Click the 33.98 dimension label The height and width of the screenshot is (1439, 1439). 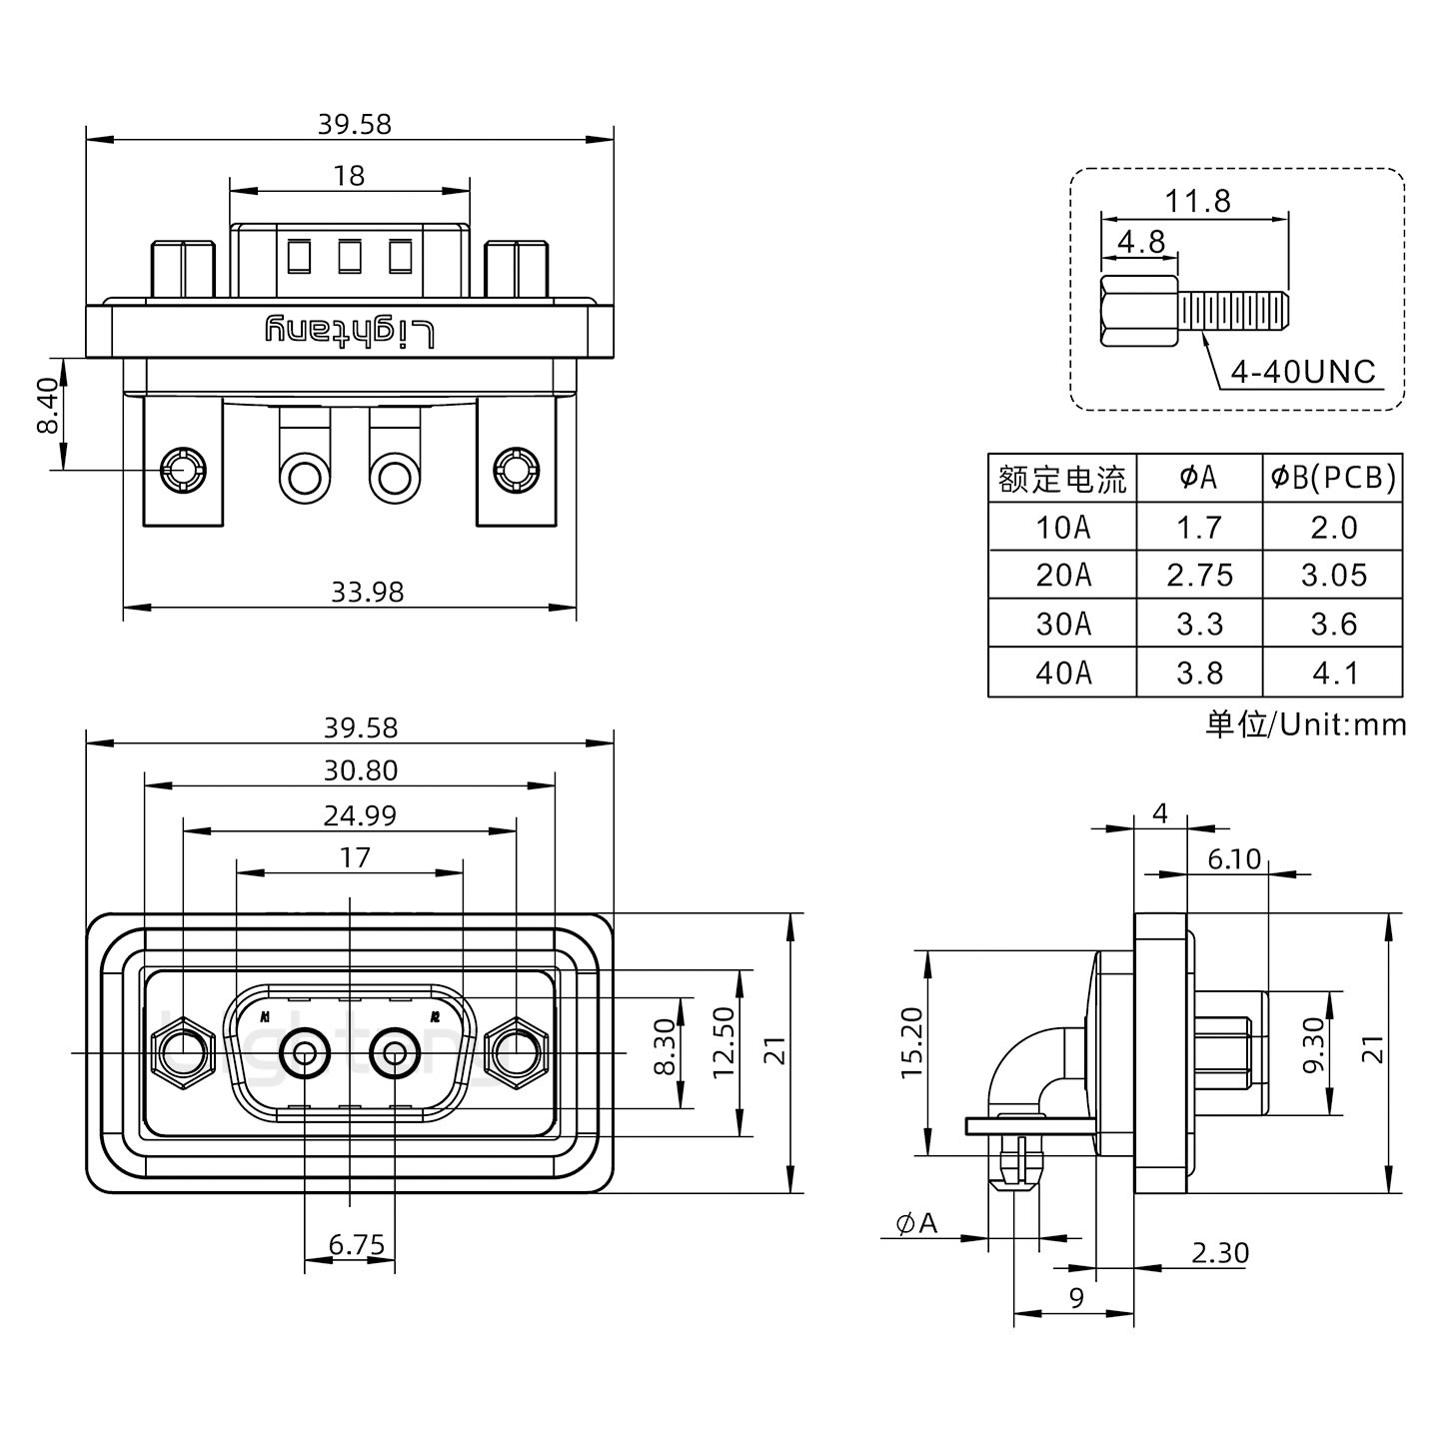(x=367, y=593)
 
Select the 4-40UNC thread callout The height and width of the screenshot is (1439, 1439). (x=1303, y=373)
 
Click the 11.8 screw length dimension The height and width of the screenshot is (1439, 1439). (x=1197, y=201)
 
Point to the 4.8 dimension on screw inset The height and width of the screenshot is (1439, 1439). (x=1140, y=242)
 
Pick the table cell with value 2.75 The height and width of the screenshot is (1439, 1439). (x=1199, y=576)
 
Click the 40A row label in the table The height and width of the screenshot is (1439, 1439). (x=1062, y=673)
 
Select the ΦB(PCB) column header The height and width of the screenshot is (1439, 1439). (x=1333, y=478)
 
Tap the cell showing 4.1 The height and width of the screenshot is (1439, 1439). (x=1333, y=673)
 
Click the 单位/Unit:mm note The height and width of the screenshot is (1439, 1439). (x=1305, y=723)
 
